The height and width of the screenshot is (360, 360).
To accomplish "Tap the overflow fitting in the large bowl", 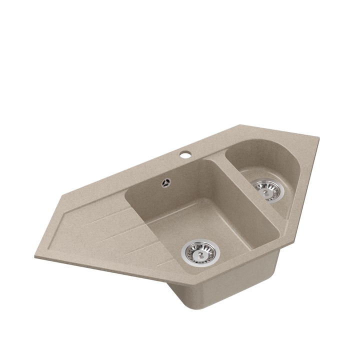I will point(165,182).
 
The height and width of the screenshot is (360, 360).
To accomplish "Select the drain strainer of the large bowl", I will point(200,252).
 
